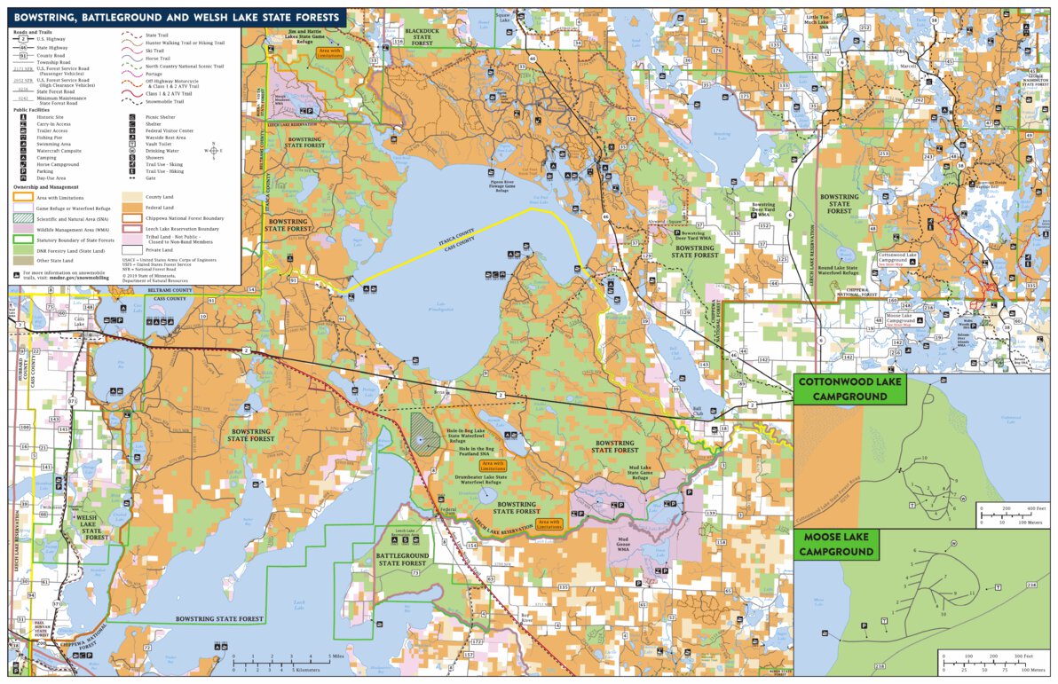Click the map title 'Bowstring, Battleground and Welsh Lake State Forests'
176,17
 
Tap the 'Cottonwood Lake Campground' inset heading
849,389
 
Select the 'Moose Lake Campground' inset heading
837,545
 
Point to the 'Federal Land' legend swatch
130,207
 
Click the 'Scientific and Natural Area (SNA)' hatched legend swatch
22,218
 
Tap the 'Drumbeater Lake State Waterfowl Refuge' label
483,480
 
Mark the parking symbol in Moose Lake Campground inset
865,625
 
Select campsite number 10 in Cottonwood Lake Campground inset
924,458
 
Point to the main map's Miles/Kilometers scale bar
281,663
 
